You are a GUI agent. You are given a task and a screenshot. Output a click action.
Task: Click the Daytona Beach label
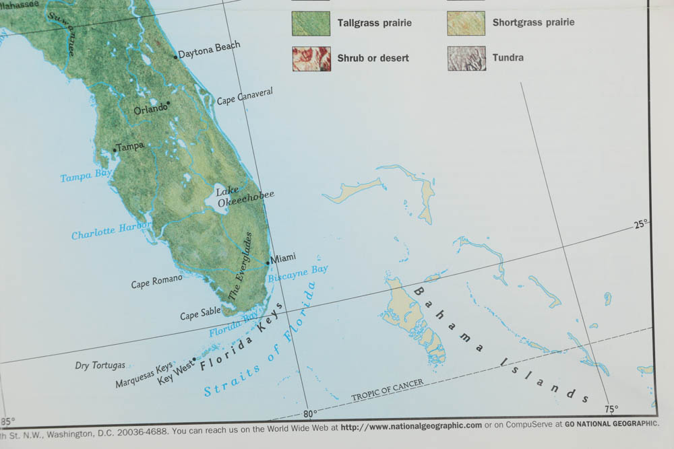pyautogui.click(x=209, y=50)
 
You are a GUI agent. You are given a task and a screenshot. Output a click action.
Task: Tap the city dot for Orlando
pyautogui.click(x=168, y=103)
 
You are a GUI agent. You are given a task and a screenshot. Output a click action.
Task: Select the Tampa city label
pyautogui.click(x=131, y=146)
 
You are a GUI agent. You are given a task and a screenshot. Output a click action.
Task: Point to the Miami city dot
pyautogui.click(x=268, y=261)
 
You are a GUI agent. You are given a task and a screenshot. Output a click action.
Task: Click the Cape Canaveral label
pyautogui.click(x=245, y=96)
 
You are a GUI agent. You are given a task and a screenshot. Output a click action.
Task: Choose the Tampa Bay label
pyautogui.click(x=86, y=176)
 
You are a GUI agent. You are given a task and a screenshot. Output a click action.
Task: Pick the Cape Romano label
pyautogui.click(x=156, y=281)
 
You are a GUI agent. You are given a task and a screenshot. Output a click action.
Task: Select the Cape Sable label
pyautogui.click(x=200, y=314)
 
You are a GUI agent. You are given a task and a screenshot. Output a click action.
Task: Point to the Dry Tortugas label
pyautogui.click(x=100, y=366)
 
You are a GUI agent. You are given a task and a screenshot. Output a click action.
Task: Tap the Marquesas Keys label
pyautogui.click(x=144, y=376)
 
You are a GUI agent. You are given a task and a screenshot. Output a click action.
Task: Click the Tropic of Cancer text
pyautogui.click(x=388, y=390)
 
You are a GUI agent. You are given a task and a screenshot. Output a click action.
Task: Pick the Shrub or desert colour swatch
pyautogui.click(x=311, y=59)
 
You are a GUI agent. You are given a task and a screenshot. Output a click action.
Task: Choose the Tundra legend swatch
pyautogui.click(x=466, y=59)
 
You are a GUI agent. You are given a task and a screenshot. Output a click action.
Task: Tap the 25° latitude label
pyautogui.click(x=641, y=224)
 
